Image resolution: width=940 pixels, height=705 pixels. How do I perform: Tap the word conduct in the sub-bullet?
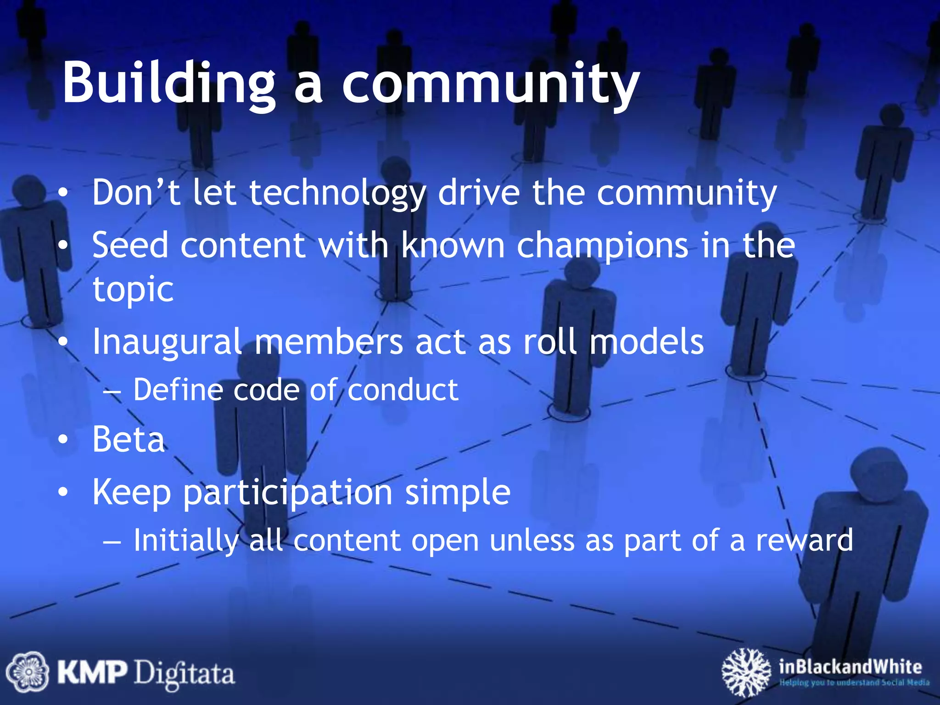click(x=403, y=390)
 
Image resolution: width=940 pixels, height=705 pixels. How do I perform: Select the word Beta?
click(x=129, y=440)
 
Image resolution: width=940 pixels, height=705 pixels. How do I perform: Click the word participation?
click(x=288, y=492)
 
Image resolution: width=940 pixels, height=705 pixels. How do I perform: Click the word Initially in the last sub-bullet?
click(x=186, y=540)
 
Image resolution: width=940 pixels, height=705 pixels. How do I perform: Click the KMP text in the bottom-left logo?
click(x=92, y=673)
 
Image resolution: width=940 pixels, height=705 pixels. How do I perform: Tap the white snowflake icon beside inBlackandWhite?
click(x=746, y=672)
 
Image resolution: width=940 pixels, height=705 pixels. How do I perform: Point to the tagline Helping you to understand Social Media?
click(x=854, y=683)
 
